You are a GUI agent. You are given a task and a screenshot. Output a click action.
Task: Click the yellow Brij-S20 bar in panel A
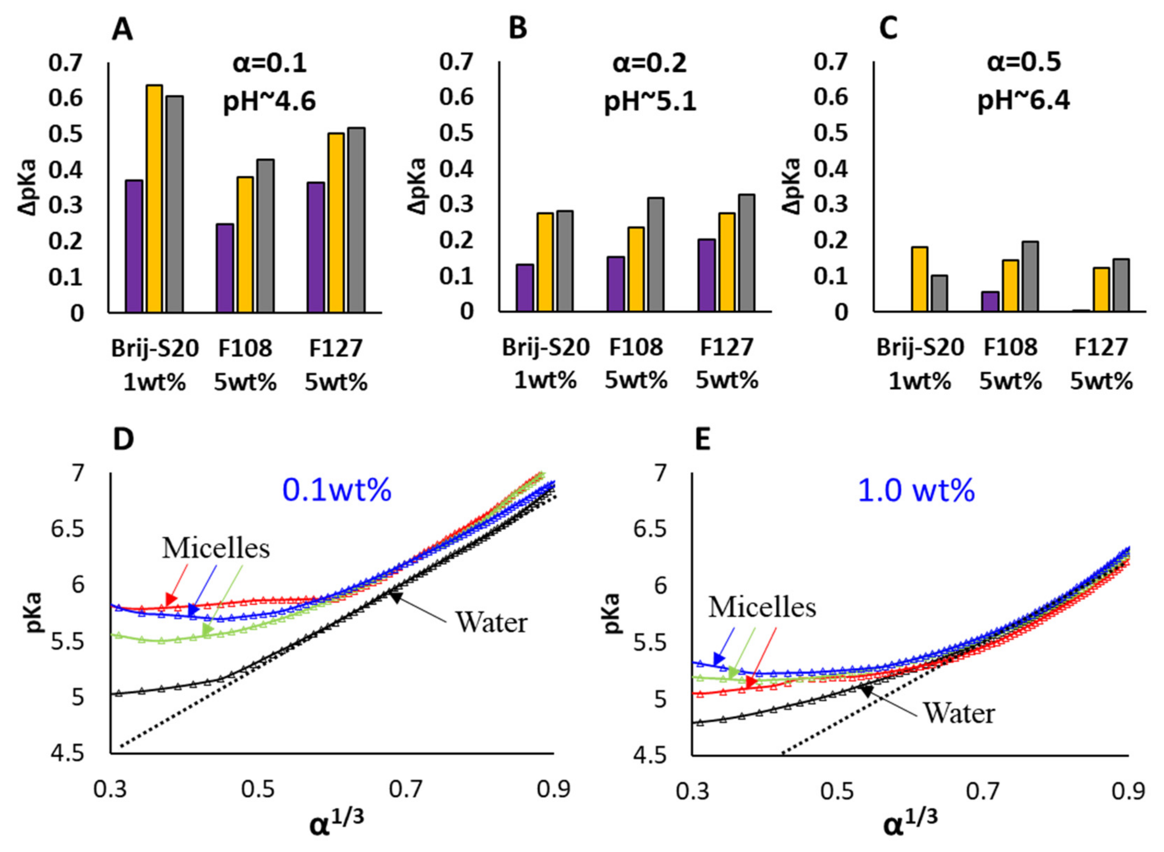coord(154,199)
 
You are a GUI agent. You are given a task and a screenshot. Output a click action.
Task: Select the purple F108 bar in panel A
coord(225,268)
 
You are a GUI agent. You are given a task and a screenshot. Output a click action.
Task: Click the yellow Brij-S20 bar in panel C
coord(919,280)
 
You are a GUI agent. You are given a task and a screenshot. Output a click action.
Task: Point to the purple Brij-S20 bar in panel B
coord(524,288)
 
